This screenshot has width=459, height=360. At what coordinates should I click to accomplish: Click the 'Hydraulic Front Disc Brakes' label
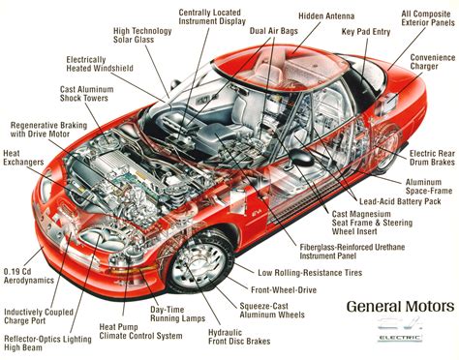pos(213,335)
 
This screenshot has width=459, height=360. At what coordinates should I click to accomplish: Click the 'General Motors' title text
pos(399,307)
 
